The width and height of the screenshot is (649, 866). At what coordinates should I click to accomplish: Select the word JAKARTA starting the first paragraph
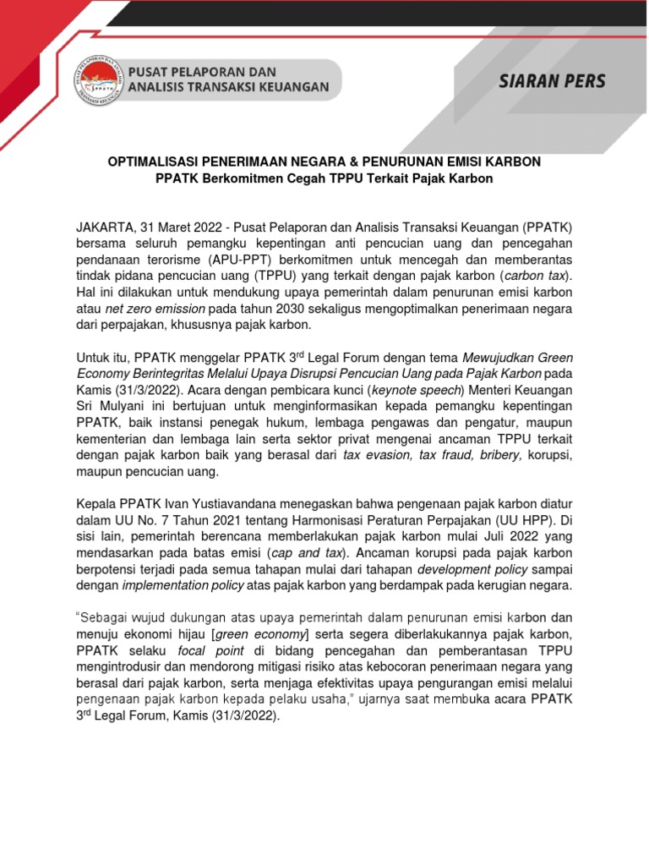point(103,227)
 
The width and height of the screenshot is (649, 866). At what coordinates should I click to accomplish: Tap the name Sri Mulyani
point(112,407)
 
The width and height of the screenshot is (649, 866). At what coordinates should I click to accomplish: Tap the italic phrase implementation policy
point(183,586)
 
